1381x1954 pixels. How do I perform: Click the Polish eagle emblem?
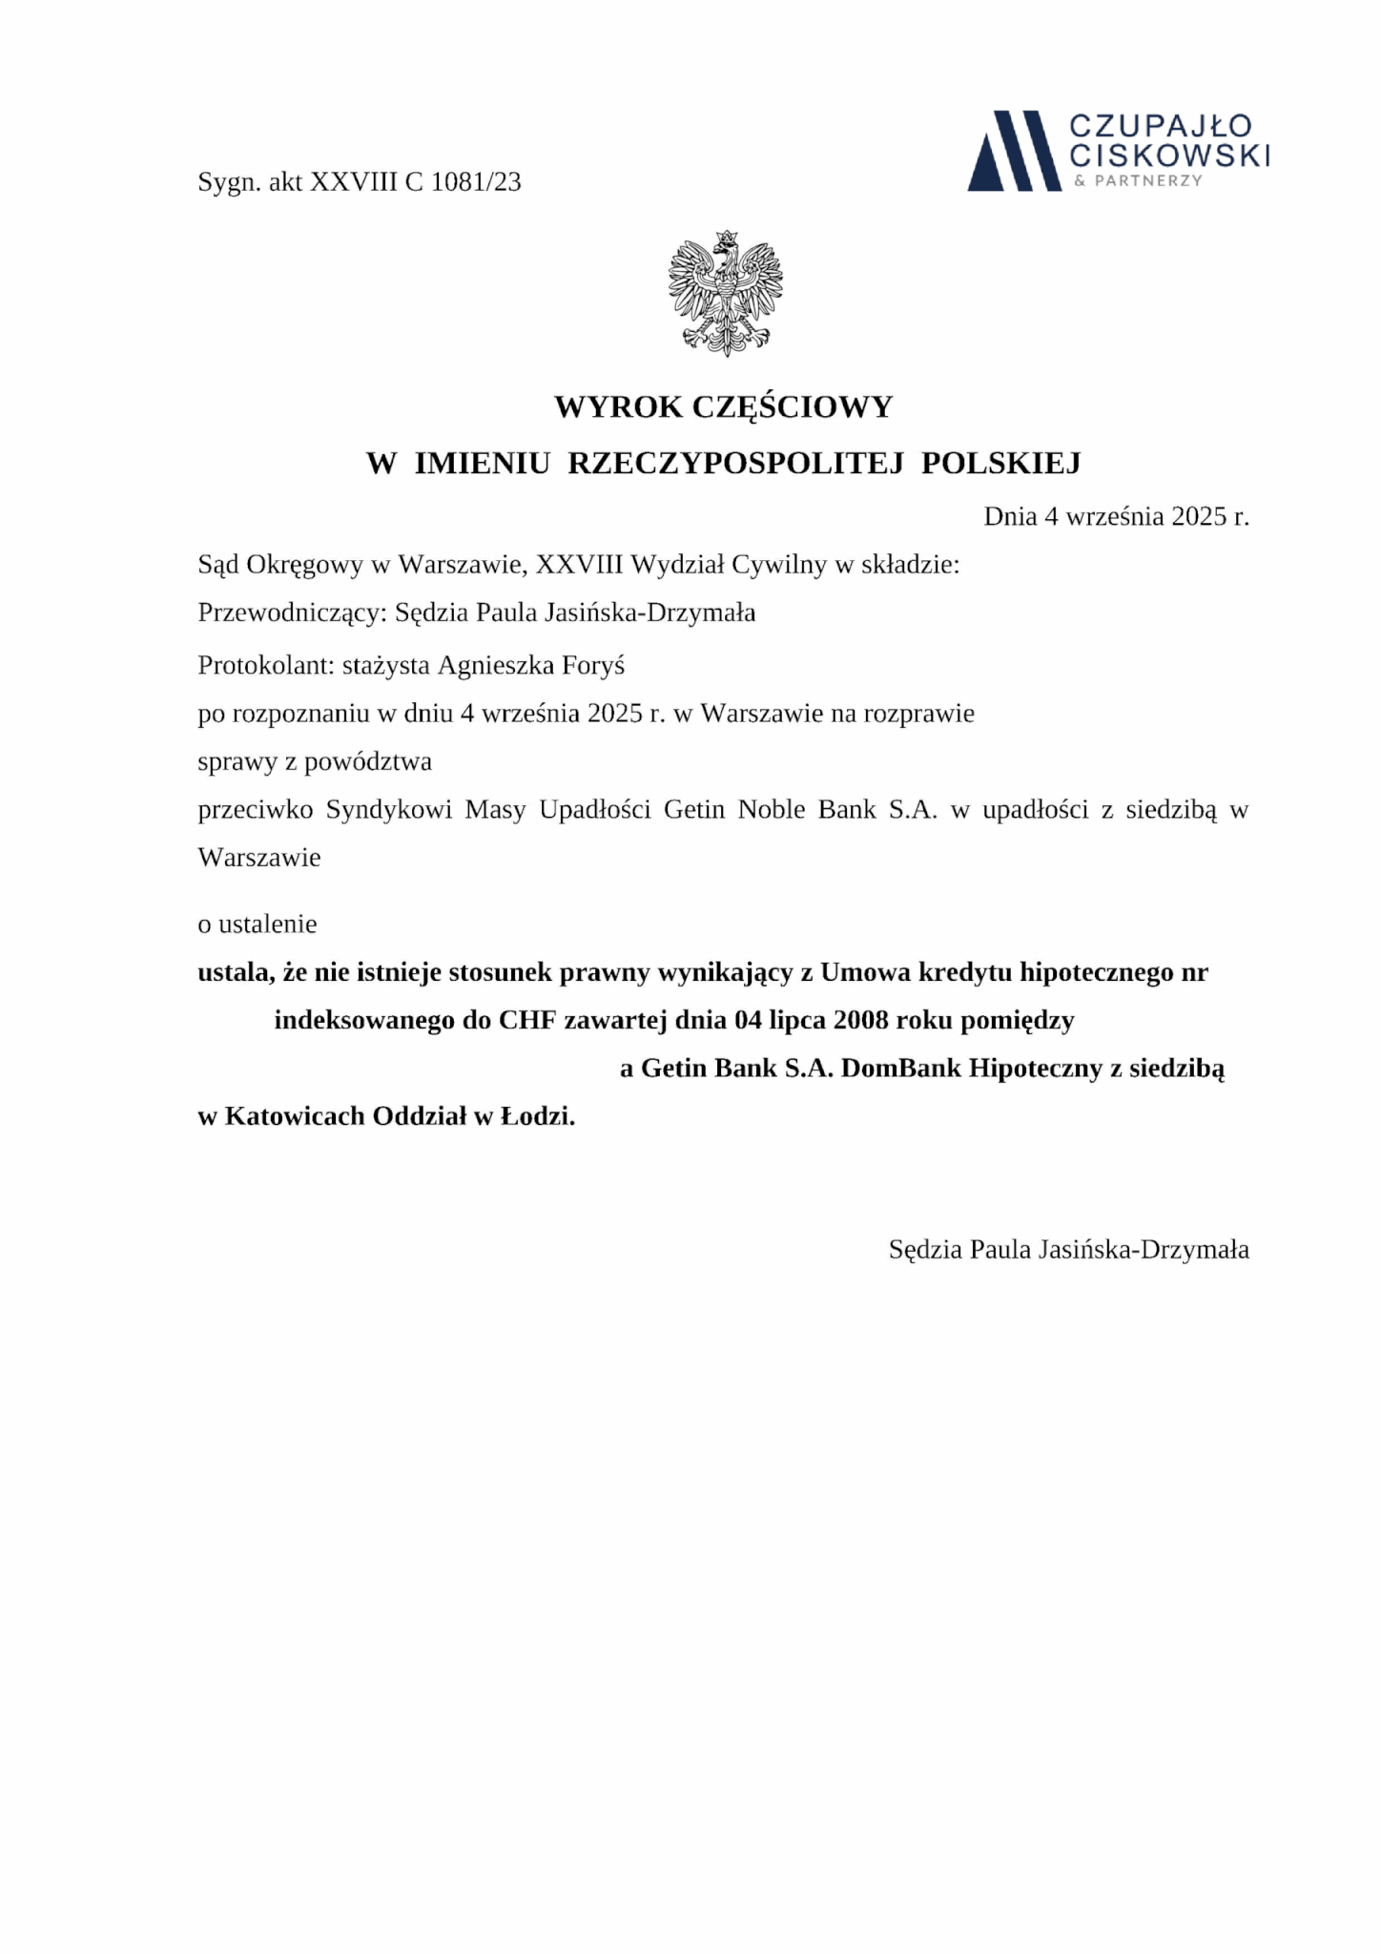[726, 293]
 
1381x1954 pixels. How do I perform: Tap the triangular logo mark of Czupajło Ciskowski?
[1013, 151]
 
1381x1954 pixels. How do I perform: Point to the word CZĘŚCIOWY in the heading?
[792, 407]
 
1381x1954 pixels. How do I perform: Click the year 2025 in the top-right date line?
[1198, 517]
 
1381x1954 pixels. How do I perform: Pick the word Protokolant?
[264, 665]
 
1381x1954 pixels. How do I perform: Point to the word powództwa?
[368, 761]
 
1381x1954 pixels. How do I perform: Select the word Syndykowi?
[389, 810]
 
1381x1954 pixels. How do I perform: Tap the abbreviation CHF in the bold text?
[527, 1021]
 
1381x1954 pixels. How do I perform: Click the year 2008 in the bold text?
[861, 1021]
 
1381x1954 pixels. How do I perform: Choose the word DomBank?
[901, 1069]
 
